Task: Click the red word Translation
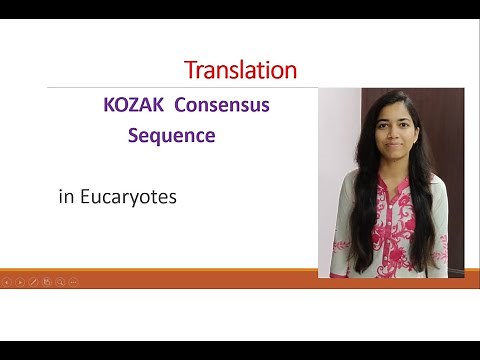coord(240,70)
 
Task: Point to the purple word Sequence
coord(171,135)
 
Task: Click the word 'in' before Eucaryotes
coord(67,197)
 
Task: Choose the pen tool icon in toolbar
coord(33,282)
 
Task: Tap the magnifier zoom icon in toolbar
coord(60,282)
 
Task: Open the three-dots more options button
coord(73,282)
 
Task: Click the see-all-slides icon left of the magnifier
coord(46,282)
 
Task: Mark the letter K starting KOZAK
coord(107,105)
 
